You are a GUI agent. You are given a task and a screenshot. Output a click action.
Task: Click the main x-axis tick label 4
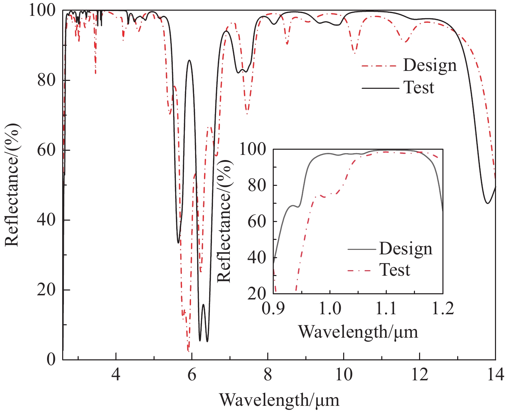tap(116, 374)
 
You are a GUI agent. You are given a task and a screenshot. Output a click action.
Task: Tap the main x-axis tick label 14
tap(495, 374)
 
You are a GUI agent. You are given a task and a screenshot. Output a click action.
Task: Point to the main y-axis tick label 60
tap(46, 150)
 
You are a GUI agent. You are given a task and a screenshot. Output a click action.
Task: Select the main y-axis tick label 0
tap(51, 359)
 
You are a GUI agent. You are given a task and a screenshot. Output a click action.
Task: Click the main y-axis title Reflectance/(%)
tap(12, 185)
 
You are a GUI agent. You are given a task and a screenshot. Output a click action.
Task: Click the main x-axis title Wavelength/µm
tap(279, 400)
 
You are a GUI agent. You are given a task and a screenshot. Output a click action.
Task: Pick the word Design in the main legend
tap(430, 65)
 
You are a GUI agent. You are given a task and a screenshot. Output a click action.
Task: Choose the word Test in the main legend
tap(419, 87)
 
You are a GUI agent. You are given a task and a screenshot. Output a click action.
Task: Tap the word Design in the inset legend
tap(406, 249)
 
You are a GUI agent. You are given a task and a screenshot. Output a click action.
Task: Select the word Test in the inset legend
tap(395, 270)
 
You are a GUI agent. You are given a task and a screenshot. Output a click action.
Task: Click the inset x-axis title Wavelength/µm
tap(358, 332)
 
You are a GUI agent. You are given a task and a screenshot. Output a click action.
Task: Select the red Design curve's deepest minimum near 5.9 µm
tap(188, 351)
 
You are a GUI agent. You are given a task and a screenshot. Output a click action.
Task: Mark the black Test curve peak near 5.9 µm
tap(189, 60)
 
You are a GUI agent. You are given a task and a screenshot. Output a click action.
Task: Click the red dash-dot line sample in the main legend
tap(380, 66)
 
